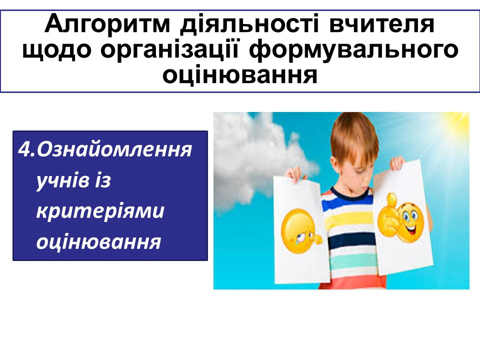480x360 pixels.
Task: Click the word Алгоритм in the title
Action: [x=107, y=23]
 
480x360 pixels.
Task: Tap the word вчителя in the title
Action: [x=381, y=24]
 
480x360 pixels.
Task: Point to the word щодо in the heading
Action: [x=56, y=50]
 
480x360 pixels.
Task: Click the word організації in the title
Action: [x=169, y=49]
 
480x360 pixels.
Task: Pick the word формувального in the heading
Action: [x=353, y=50]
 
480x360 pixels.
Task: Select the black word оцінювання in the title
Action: [x=239, y=74]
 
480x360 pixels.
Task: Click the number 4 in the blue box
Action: [x=23, y=149]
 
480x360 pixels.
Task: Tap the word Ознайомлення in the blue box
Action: [x=114, y=149]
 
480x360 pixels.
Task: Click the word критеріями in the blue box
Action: [x=100, y=211]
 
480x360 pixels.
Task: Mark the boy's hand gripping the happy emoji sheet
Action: [x=397, y=163]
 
